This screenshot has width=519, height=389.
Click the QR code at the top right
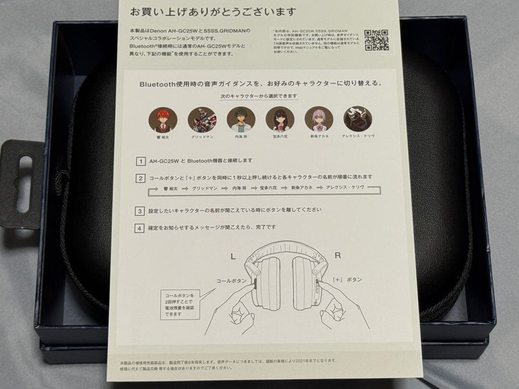click(x=376, y=40)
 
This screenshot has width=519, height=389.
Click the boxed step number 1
click(x=140, y=161)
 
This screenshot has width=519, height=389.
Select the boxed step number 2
click(x=140, y=178)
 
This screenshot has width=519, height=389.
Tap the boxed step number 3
click(x=140, y=211)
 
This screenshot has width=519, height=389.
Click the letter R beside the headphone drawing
click(x=337, y=256)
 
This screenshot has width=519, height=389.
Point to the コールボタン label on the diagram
click(x=231, y=280)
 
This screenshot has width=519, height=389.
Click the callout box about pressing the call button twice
click(x=180, y=304)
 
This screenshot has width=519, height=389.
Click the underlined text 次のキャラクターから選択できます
click(x=259, y=96)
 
